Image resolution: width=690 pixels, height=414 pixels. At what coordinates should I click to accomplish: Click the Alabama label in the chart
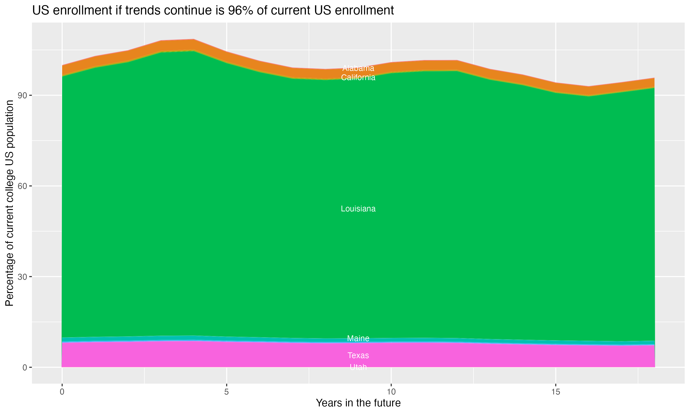point(358,68)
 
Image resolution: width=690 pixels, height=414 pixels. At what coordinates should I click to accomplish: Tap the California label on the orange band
point(358,78)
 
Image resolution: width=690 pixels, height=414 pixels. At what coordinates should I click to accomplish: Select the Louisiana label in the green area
point(358,209)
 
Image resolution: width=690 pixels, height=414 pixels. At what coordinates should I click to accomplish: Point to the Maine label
point(358,338)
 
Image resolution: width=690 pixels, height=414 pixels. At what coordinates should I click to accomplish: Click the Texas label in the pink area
point(358,355)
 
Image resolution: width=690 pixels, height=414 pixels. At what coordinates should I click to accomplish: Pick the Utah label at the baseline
point(358,367)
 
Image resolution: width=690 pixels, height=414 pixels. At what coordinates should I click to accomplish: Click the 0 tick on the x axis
point(62,392)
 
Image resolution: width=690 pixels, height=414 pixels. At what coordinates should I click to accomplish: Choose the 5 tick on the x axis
point(227,392)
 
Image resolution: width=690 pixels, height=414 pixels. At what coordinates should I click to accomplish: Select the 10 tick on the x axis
point(391,392)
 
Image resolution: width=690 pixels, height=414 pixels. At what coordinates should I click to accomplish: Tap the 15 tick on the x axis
point(556,392)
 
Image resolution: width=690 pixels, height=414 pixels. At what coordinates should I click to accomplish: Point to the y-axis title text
point(9,203)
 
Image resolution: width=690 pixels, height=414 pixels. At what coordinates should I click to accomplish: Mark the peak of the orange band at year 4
point(194,44)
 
